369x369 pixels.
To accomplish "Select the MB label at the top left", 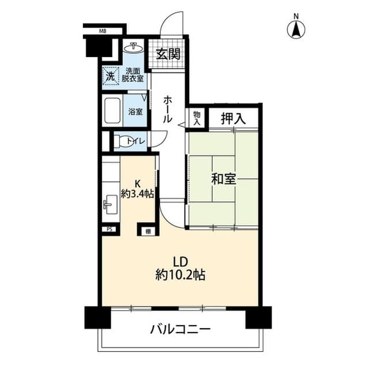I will coord(102,31).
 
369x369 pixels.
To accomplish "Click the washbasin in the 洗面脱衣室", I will coord(135,47).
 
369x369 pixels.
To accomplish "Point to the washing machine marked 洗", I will coord(110,75).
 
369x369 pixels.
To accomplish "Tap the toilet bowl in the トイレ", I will coord(123,140).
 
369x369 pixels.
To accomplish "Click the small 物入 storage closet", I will coord(197,118).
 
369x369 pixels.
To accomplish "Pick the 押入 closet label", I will coord(234,118).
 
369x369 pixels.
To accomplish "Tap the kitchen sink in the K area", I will coord(110,204).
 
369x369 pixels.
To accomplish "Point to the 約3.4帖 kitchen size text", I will coord(137,194).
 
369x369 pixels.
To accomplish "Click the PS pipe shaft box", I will coord(109,229).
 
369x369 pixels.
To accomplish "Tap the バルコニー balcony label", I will coord(180,330).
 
